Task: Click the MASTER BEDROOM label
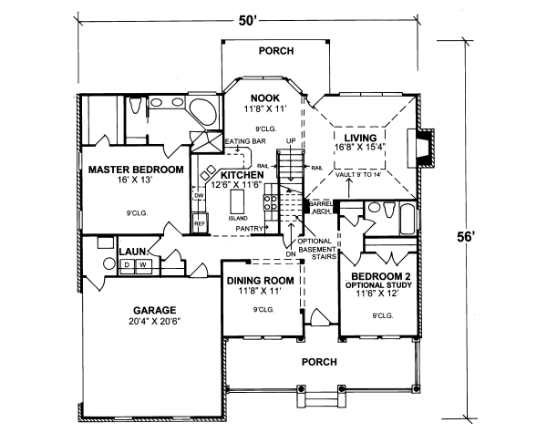coord(136,170)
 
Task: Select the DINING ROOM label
coord(261,280)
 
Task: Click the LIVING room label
coord(360,138)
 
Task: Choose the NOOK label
coord(264,98)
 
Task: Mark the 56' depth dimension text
coord(466,236)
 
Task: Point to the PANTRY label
coord(253,228)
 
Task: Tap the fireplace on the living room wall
coord(420,149)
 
